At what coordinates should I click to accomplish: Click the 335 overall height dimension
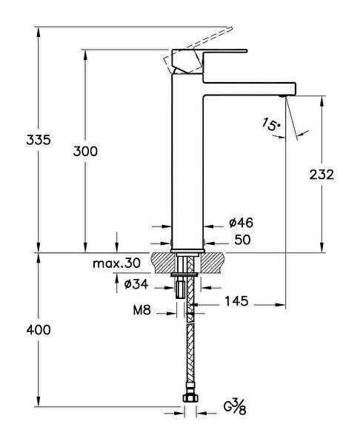pos(39,140)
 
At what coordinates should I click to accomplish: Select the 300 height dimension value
pos(85,151)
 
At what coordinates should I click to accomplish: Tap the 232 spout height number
pos(321,175)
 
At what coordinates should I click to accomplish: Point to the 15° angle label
pos(270,124)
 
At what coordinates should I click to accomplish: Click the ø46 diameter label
pos(241,223)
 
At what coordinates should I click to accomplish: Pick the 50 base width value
pos(242,240)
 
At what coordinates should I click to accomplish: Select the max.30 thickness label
pos(116,263)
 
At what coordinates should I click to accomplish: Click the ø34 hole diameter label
pos(136,283)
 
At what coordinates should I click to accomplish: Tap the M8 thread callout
pos(141,310)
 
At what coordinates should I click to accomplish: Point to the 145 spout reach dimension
pos(236,301)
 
